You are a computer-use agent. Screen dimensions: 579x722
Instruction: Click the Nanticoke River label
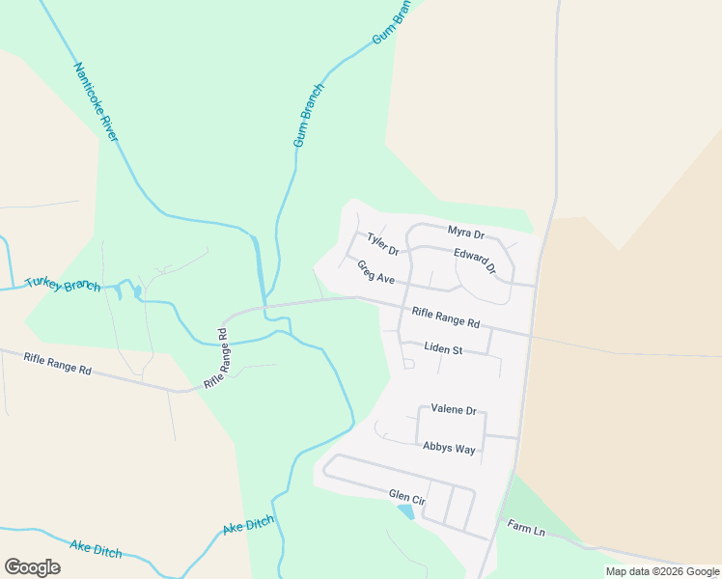[96, 102]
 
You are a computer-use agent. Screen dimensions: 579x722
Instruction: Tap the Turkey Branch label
[63, 284]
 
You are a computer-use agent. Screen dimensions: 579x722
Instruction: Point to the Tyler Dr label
[382, 244]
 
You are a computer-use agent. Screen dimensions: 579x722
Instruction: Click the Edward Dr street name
[475, 261]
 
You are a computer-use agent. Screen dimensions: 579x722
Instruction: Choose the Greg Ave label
[375, 272]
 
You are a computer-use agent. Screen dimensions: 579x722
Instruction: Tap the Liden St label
[444, 348]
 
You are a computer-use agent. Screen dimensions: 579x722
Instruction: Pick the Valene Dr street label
[454, 410]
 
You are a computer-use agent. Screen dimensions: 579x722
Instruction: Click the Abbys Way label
[449, 448]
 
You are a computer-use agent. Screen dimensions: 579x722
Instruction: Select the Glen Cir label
[406, 496]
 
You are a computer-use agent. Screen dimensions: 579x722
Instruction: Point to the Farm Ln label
[526, 530]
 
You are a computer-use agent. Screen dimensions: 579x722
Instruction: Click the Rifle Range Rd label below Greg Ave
[445, 317]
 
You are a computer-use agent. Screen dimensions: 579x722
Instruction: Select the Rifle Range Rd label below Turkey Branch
[58, 364]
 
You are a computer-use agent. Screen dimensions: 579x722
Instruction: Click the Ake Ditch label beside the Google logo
[96, 548]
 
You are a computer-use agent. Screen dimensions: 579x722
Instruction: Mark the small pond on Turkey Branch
[137, 290]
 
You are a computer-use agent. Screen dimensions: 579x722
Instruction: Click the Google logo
[33, 567]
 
